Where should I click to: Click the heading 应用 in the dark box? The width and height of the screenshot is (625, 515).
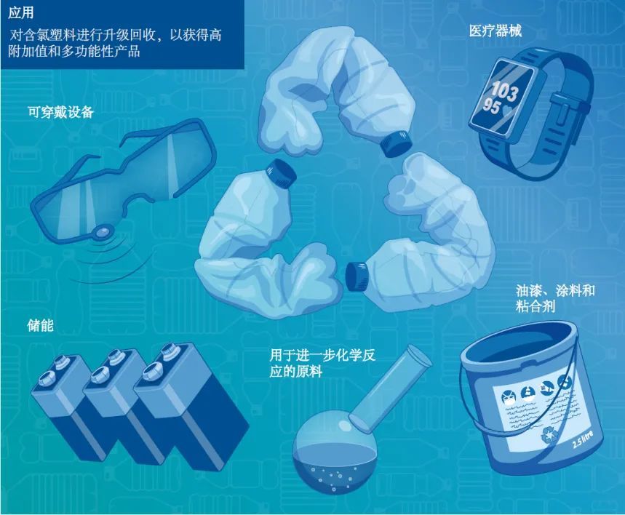click(20, 12)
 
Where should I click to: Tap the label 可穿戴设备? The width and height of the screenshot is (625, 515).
click(60, 112)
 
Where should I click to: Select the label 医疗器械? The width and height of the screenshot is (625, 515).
click(495, 31)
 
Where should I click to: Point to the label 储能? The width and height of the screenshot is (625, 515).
click(40, 326)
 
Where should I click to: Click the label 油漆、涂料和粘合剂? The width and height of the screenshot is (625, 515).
click(555, 298)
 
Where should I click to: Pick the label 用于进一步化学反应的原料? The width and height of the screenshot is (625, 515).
click(322, 363)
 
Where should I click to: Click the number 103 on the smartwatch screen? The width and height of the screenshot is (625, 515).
click(505, 89)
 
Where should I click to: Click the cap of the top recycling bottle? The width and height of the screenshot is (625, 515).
click(396, 143)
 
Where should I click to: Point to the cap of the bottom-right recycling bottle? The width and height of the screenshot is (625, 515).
click(356, 276)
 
